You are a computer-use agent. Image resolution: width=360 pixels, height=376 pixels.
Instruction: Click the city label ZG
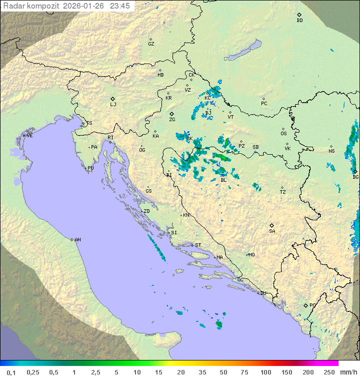(x=172, y=120)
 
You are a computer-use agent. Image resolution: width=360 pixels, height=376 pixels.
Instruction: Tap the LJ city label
(x=113, y=105)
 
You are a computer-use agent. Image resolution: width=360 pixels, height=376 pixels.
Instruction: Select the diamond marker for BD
(x=299, y=15)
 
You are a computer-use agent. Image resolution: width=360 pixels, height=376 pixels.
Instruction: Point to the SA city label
(x=272, y=231)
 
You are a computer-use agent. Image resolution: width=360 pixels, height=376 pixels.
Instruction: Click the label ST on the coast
(x=198, y=245)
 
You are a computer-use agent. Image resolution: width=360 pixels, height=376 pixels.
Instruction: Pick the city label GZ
(x=151, y=44)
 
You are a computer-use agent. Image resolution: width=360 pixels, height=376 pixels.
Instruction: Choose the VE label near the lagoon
(x=29, y=136)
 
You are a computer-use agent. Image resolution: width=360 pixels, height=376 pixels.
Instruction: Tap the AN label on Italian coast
(x=77, y=240)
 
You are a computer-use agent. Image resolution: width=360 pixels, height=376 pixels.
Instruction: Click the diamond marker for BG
(x=355, y=171)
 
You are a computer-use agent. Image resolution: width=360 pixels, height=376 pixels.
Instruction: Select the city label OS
(x=283, y=134)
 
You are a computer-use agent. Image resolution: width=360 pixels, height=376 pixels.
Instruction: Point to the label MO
(x=251, y=255)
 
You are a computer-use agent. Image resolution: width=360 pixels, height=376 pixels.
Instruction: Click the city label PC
(x=264, y=104)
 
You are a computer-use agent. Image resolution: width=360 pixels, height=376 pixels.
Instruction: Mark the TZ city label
(x=283, y=192)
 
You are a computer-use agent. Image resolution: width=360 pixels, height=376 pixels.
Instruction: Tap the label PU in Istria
(x=90, y=168)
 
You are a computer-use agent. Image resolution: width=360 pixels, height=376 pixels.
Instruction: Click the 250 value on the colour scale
(x=328, y=372)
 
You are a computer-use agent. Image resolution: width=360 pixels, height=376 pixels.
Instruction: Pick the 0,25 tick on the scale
(x=33, y=372)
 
